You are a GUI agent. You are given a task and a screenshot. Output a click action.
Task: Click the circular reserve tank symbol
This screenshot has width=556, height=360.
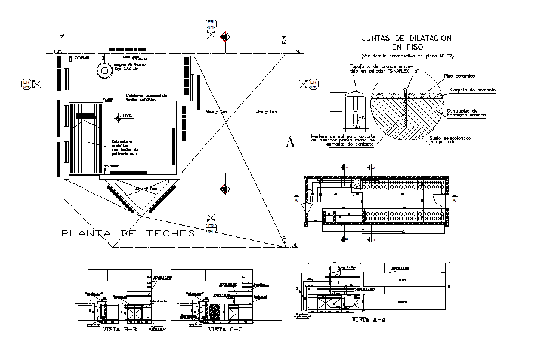106,71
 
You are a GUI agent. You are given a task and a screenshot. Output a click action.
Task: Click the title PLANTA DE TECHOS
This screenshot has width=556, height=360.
129,233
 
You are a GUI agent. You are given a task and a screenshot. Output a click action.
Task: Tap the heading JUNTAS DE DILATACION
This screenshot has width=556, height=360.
406,38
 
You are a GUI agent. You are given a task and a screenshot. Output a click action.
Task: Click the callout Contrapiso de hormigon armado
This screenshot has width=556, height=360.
469,113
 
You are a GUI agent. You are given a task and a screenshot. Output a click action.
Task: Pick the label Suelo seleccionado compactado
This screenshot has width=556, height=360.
457,141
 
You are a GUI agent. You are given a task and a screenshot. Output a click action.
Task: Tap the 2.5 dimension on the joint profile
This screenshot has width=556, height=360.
362,118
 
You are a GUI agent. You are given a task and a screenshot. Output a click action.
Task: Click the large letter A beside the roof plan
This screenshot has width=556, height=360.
290,142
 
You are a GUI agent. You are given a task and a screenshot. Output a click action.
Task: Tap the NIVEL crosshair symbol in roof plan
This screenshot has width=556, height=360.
118,116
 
